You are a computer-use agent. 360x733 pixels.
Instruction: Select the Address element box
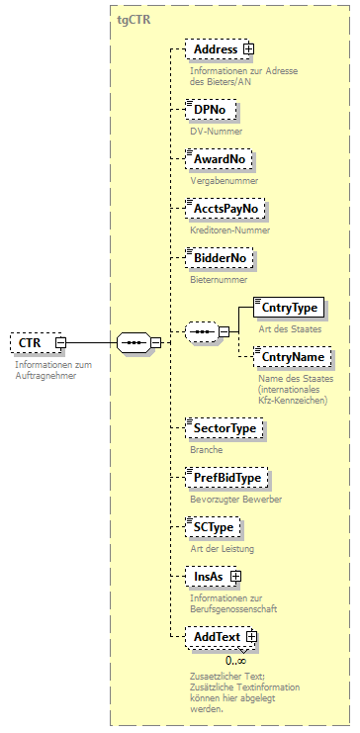pyautogui.click(x=215, y=48)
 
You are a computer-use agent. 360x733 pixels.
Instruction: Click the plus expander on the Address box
pyautogui.click(x=248, y=48)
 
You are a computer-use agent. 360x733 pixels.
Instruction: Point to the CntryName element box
pyautogui.click(x=292, y=356)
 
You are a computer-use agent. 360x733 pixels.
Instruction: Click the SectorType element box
pyautogui.click(x=225, y=427)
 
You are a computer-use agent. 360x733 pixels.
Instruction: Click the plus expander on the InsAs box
pyautogui.click(x=235, y=576)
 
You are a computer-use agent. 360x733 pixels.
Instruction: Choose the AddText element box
pyautogui.click(x=217, y=637)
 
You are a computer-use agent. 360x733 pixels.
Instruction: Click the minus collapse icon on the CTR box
pyautogui.click(x=60, y=342)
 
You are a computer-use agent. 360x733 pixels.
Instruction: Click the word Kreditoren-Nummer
pyautogui.click(x=229, y=230)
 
